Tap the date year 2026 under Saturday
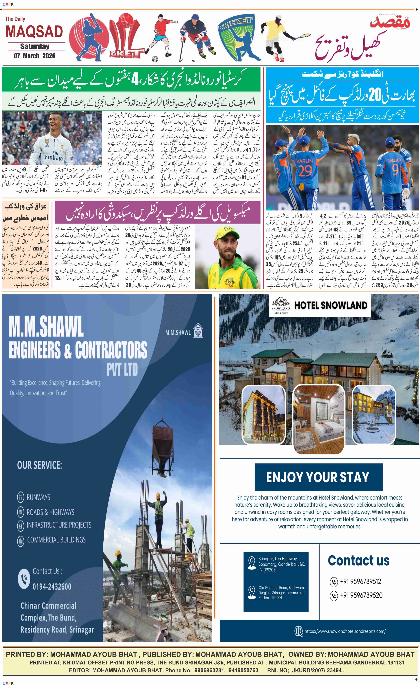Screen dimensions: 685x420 click(x=49, y=56)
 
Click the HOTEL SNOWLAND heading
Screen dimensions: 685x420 click(x=331, y=305)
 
